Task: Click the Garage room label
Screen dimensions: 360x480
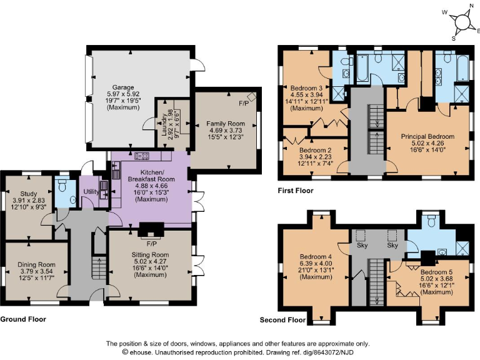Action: pos(123,87)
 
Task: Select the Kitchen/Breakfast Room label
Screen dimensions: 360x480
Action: pos(152,172)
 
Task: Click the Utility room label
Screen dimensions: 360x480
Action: pos(91,191)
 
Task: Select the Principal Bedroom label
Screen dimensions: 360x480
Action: pos(427,136)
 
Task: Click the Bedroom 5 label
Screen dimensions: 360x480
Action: pos(436,272)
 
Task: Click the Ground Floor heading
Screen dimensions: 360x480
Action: pos(23,319)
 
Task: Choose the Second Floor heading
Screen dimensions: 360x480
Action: pos(282,320)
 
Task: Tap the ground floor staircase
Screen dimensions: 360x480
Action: pos(97,267)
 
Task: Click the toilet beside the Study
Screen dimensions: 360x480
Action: pos(62,187)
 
